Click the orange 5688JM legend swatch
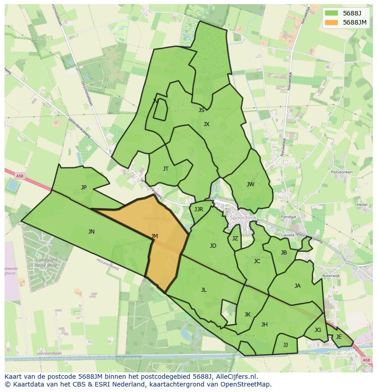(x=331, y=22)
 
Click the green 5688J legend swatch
(x=331, y=13)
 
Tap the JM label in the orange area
(x=155, y=236)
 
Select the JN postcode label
(x=92, y=232)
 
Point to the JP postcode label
(x=84, y=187)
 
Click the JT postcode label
(x=166, y=169)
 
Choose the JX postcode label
(x=206, y=124)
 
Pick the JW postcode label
(x=250, y=184)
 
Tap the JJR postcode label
(x=199, y=209)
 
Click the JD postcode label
(x=213, y=246)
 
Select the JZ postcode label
(x=235, y=239)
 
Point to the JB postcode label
(x=284, y=253)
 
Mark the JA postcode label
(x=297, y=286)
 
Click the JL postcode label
(x=204, y=290)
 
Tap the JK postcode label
(x=247, y=315)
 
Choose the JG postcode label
(x=318, y=330)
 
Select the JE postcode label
(x=339, y=337)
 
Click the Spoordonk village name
(x=244, y=218)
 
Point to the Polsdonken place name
(x=342, y=172)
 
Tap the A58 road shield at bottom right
(x=367, y=360)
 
